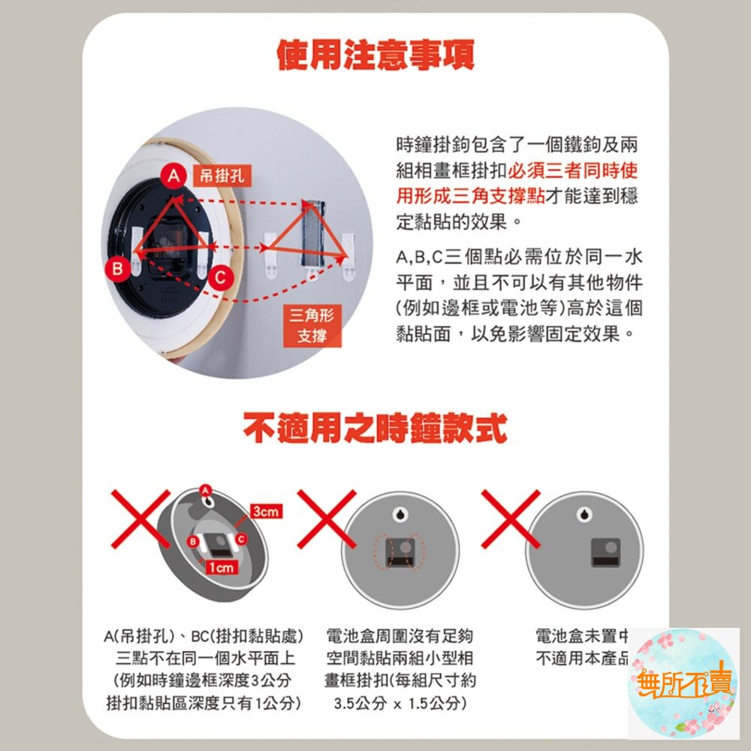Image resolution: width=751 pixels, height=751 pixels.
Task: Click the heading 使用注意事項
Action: (375, 55)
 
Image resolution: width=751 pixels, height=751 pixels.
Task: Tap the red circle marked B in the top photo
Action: (118, 268)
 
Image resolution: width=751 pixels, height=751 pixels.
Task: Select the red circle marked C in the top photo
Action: (219, 277)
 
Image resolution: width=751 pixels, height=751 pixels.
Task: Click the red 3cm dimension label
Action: (266, 511)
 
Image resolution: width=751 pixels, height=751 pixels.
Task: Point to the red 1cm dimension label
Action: (222, 569)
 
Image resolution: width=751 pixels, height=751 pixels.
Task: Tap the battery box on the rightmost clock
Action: (608, 552)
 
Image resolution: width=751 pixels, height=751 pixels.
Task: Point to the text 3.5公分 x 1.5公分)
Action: (400, 704)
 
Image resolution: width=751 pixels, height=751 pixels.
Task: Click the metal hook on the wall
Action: (311, 233)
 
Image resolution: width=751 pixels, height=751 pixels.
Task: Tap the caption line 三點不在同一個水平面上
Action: (204, 659)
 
